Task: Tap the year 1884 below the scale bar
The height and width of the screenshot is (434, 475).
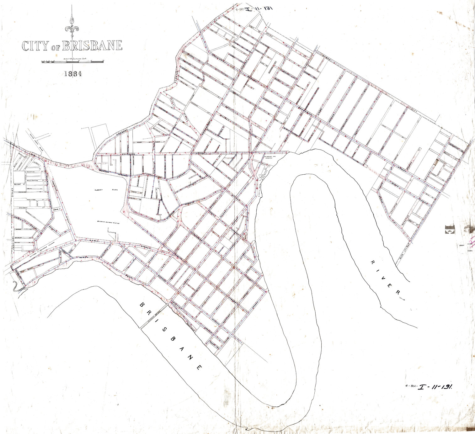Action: (x=72, y=74)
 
